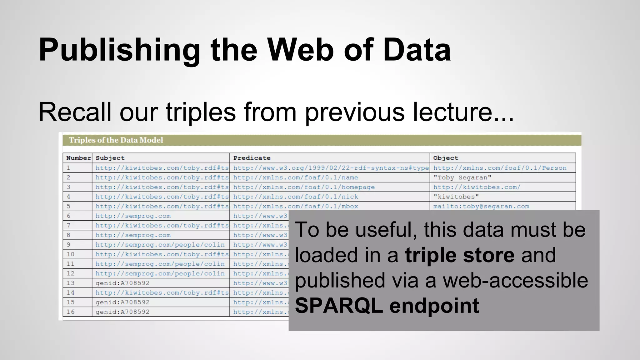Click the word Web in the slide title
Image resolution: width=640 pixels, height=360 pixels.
coord(300,50)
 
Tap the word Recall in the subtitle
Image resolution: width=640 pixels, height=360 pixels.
coord(75,112)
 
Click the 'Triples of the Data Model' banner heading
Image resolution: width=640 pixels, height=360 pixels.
coord(116,140)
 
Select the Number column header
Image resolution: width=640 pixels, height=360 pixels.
coord(78,158)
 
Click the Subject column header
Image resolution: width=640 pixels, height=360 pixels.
coord(110,158)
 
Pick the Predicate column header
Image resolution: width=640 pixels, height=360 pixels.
coord(252,158)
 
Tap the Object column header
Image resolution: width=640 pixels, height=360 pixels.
coord(445,158)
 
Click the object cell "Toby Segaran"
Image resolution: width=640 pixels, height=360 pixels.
coord(462,177)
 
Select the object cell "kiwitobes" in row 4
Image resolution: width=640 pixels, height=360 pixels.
coord(456,197)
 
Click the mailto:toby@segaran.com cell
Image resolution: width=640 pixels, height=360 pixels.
coord(481,206)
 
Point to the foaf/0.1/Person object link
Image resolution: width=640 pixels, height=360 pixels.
coord(500,168)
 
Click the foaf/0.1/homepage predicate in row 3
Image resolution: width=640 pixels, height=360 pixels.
coord(304,187)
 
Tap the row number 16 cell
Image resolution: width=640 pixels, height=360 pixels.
coord(71,312)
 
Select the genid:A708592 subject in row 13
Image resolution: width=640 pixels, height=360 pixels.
coord(122,283)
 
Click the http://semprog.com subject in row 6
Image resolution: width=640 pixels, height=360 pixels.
coord(133,216)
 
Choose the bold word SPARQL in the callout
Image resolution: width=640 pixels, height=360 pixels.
coord(339,306)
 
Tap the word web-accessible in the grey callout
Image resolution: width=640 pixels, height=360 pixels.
coord(515,280)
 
